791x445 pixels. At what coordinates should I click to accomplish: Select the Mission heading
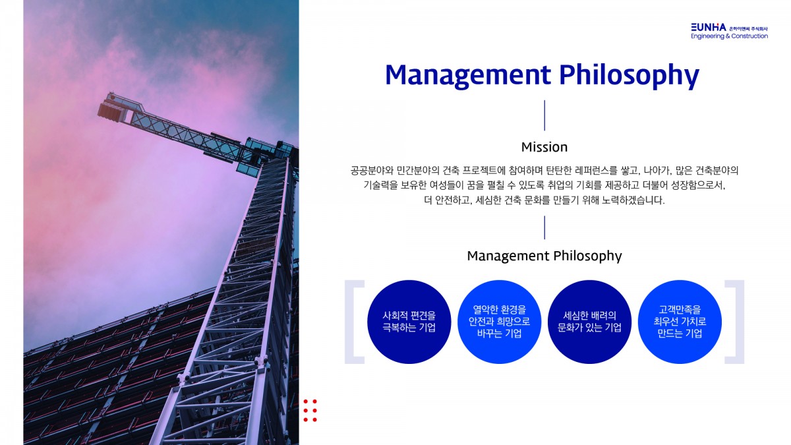pyautogui.click(x=544, y=147)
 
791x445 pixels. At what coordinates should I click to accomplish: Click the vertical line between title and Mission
pyautogui.click(x=544, y=115)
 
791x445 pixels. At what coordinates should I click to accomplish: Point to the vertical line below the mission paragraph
pyautogui.click(x=544, y=227)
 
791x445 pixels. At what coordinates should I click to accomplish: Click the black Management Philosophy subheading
pyautogui.click(x=544, y=256)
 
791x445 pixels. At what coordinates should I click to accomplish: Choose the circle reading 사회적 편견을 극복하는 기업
pyautogui.click(x=409, y=322)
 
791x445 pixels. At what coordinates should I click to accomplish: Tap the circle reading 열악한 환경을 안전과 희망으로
pyautogui.click(x=500, y=322)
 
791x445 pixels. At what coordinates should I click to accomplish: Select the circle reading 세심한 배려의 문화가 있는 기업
pyautogui.click(x=589, y=322)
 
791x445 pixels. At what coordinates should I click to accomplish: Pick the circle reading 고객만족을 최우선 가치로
pyautogui.click(x=680, y=322)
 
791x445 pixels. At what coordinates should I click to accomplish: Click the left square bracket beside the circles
pyautogui.click(x=349, y=322)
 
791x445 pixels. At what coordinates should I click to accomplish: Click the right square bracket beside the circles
pyautogui.click(x=740, y=322)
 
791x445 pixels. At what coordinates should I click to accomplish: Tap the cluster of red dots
pyautogui.click(x=310, y=410)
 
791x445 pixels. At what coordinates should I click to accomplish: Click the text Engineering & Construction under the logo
pyautogui.click(x=729, y=36)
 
